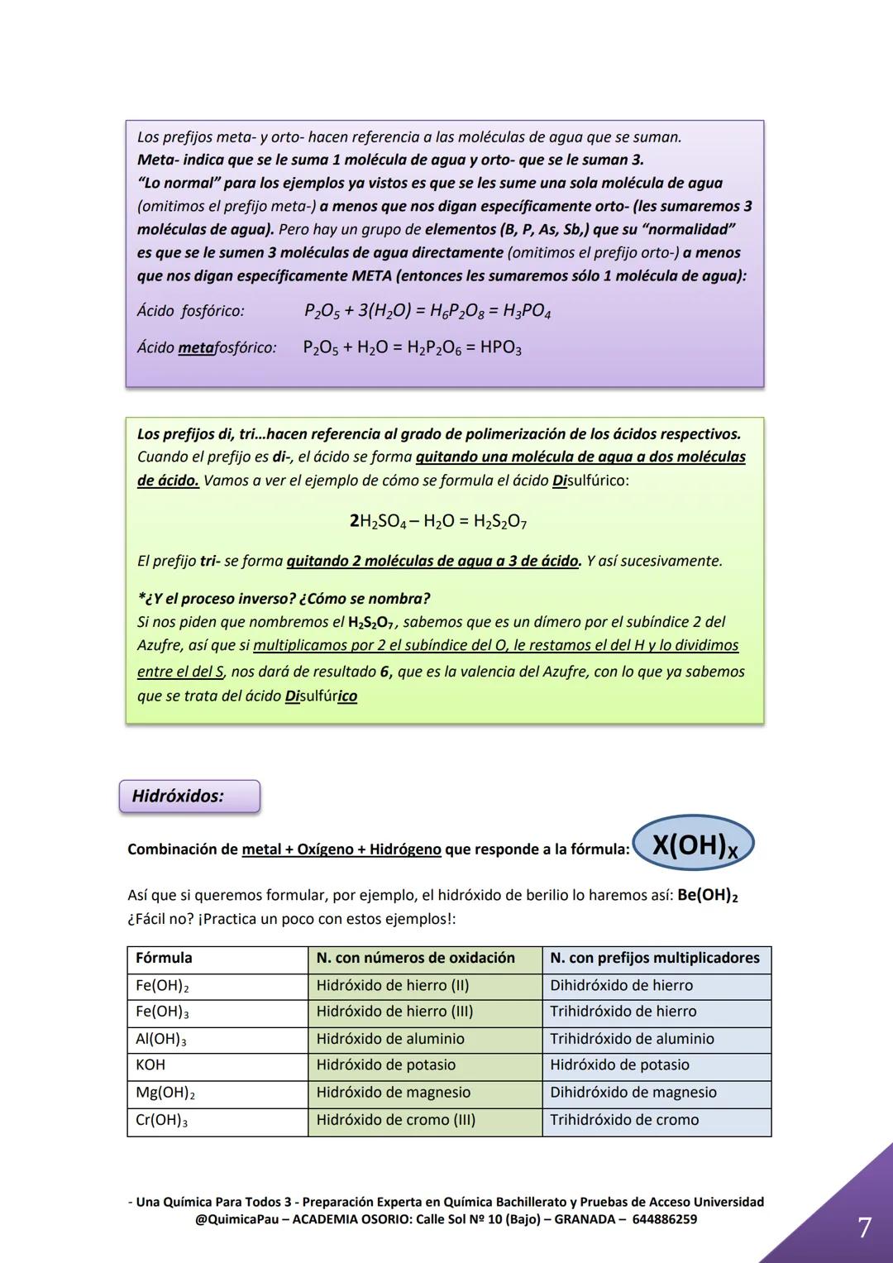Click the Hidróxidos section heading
click(178, 797)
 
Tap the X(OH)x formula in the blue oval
click(694, 846)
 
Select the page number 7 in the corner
click(864, 1227)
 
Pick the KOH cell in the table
click(150, 1065)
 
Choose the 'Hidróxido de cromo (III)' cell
click(395, 1120)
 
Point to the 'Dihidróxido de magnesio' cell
click(633, 1093)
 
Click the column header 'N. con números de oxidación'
click(415, 958)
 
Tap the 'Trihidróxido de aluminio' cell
click(632, 1039)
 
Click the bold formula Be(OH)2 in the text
click(707, 896)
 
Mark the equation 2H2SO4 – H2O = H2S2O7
click(438, 522)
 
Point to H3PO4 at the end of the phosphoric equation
click(527, 312)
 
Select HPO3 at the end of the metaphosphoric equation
click(500, 348)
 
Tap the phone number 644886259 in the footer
click(664, 1220)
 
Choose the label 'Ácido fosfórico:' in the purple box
click(190, 312)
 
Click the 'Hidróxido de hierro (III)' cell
click(394, 1012)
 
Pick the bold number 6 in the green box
click(384, 672)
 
